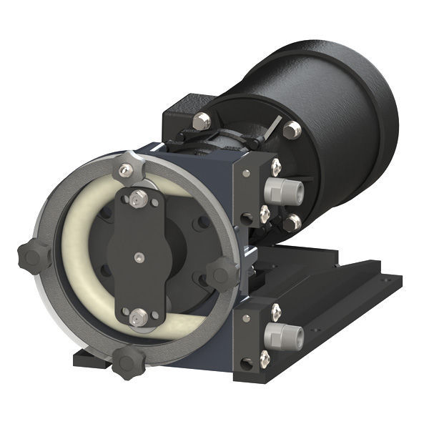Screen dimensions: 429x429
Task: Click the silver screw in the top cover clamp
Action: tap(127, 169)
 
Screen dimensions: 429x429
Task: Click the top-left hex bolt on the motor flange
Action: tap(202, 121)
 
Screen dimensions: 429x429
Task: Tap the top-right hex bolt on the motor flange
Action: tap(291, 130)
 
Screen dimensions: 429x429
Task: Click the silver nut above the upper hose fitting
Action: tap(276, 167)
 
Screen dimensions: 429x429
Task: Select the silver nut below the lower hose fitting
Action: tap(265, 358)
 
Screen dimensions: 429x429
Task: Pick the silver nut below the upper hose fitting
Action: tap(265, 214)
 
